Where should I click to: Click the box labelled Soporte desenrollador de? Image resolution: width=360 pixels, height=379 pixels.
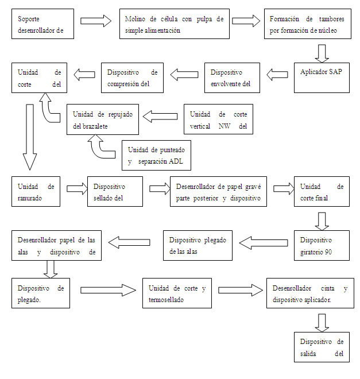(x=43, y=24)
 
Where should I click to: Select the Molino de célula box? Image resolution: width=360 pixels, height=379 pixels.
(x=175, y=24)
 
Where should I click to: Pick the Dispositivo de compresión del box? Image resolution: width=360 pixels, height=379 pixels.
(x=132, y=78)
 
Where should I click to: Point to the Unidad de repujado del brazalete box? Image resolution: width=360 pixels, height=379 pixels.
(x=102, y=119)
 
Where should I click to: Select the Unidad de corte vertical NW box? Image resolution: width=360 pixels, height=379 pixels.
(x=218, y=119)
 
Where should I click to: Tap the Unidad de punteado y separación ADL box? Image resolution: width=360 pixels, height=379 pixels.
(x=156, y=155)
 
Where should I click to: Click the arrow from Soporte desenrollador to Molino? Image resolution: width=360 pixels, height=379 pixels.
(x=96, y=21)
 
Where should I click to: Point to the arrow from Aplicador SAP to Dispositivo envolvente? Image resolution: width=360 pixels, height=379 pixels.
(x=278, y=74)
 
